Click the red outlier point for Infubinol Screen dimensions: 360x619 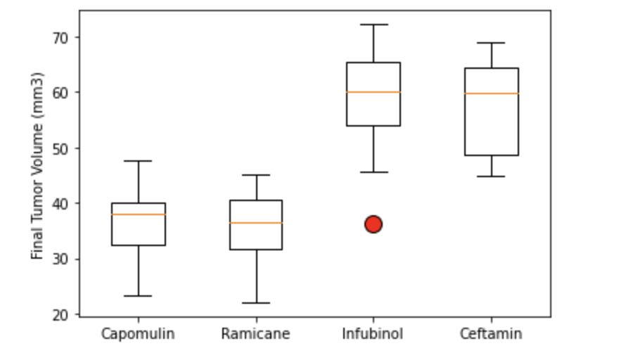click(x=374, y=224)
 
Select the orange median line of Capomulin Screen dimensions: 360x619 click(x=139, y=214)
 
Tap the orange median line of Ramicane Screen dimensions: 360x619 click(x=256, y=223)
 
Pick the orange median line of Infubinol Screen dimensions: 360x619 click(x=374, y=92)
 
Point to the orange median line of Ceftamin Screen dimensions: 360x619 click(x=492, y=94)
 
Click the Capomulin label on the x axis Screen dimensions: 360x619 click(x=138, y=334)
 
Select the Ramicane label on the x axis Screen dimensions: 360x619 click(x=255, y=334)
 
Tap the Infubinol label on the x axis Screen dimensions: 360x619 click(x=373, y=334)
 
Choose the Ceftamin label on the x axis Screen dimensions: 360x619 click(x=491, y=334)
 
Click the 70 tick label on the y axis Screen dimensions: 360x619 click(x=63, y=37)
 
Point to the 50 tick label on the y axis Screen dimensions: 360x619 click(x=63, y=148)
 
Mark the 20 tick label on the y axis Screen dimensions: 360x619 click(x=63, y=315)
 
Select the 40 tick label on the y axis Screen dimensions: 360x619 click(x=63, y=204)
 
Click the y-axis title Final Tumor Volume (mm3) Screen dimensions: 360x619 click(x=38, y=165)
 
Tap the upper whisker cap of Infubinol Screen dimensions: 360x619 click(x=374, y=25)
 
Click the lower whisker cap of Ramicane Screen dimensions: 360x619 click(x=256, y=303)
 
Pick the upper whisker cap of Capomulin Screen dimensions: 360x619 click(x=139, y=161)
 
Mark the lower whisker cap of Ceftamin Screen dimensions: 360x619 click(x=492, y=176)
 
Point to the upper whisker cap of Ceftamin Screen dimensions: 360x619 click(x=492, y=43)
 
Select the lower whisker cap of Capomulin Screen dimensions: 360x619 click(x=139, y=296)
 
